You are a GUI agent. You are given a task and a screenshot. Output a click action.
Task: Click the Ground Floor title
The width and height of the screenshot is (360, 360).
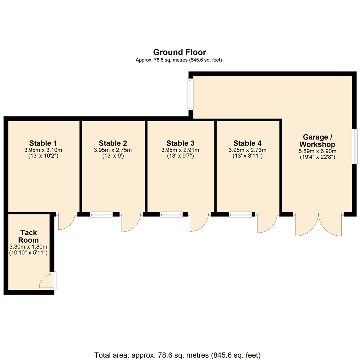point(179,52)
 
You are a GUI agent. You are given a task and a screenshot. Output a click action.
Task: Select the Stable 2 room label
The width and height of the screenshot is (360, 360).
point(113,143)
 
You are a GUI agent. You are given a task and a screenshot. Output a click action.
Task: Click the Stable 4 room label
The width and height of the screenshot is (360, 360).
point(247,143)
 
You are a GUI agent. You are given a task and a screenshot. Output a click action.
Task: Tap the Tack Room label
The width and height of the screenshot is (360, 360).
point(29,236)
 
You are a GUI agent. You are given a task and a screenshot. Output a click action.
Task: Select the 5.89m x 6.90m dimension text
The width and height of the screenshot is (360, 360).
point(317,151)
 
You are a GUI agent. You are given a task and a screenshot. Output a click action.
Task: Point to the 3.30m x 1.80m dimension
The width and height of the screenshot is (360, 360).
point(29,246)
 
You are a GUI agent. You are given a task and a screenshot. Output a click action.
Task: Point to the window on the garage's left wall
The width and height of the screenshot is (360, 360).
point(190,94)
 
